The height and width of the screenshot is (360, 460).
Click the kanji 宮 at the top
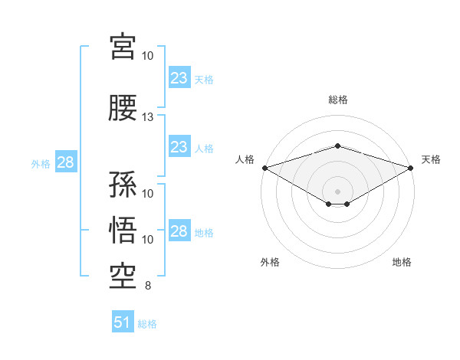(123, 47)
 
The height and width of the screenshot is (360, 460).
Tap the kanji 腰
(123, 108)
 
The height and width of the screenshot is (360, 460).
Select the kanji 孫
(123, 184)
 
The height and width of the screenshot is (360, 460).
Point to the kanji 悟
(123, 230)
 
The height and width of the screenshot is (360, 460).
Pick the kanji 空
(123, 277)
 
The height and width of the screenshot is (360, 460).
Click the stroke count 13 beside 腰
(147, 117)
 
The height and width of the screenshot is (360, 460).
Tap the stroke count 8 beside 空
(148, 286)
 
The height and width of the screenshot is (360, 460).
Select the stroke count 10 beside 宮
(147, 56)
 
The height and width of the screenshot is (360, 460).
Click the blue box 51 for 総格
(123, 321)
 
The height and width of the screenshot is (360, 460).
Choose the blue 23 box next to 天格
(179, 77)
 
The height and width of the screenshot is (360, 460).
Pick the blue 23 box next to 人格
(179, 146)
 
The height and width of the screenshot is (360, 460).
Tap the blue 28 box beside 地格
(179, 230)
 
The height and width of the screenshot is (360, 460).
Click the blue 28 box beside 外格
(66, 162)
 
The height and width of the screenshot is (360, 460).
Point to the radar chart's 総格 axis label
(338, 100)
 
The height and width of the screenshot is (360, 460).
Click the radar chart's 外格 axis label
(270, 262)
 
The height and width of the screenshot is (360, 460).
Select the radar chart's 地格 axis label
(402, 262)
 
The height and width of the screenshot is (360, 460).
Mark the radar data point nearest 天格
(411, 168)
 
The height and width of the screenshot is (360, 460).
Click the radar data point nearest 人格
(265, 168)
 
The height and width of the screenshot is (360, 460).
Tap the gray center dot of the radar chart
(337, 191)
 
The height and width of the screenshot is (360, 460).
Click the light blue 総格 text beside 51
(147, 324)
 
